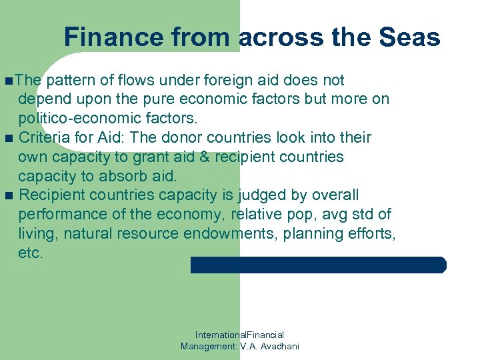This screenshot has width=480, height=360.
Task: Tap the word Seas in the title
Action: tap(409, 37)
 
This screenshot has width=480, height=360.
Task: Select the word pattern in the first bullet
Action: tap(71, 81)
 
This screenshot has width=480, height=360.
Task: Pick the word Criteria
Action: tap(43, 138)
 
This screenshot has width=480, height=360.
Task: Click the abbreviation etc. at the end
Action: tap(30, 253)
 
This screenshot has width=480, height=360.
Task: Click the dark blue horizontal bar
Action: tap(318, 265)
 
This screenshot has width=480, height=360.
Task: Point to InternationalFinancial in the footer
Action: tap(239, 335)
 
